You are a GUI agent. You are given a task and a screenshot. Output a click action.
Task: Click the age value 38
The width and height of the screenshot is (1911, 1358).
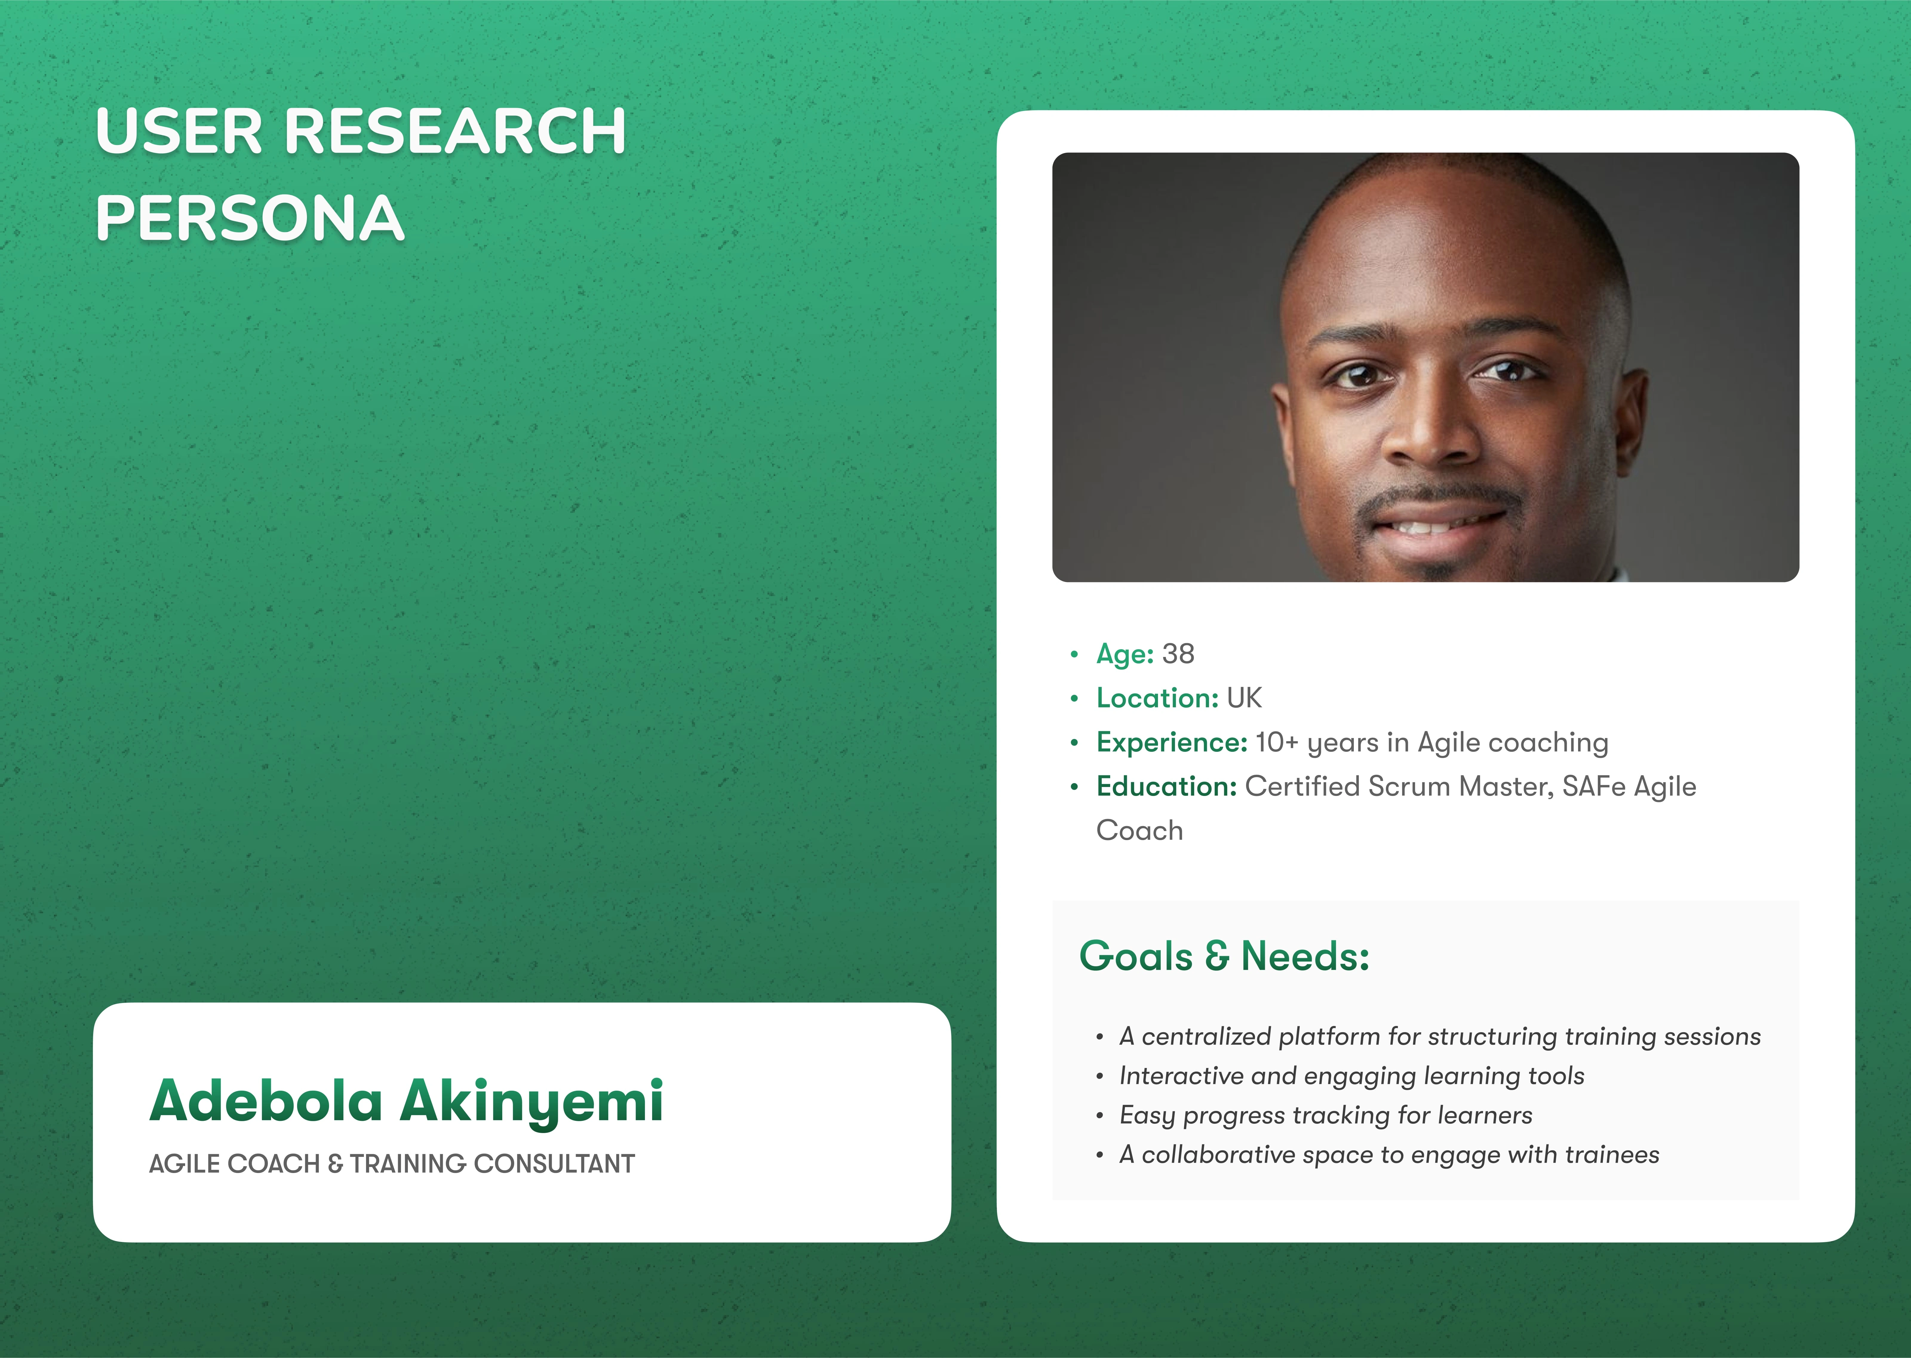pyautogui.click(x=1178, y=654)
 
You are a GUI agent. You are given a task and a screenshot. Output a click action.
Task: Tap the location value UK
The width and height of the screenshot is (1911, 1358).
pyautogui.click(x=1244, y=698)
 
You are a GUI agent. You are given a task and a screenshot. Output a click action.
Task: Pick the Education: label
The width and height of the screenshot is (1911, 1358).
pyautogui.click(x=1166, y=787)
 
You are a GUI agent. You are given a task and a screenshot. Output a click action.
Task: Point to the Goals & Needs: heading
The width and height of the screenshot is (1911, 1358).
pyautogui.click(x=1224, y=956)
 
